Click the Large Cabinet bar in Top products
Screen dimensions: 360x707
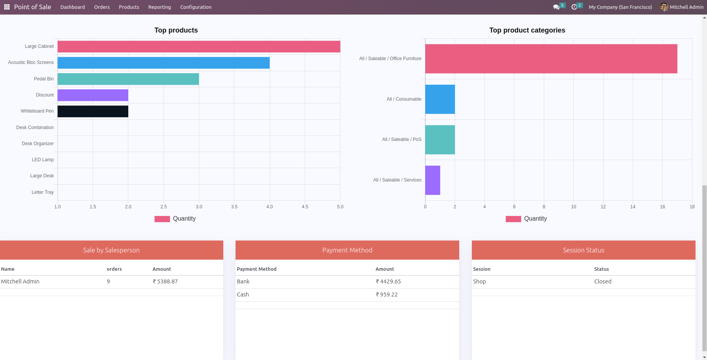(199, 47)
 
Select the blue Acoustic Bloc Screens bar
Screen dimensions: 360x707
(164, 63)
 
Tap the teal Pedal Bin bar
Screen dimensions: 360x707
(128, 79)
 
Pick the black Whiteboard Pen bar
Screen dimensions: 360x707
(93, 111)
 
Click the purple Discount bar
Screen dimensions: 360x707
(93, 95)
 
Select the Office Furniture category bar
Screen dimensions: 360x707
(551, 59)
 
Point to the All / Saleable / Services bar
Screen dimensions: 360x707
(433, 180)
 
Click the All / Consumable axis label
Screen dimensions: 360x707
(404, 99)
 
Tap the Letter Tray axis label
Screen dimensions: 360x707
(43, 192)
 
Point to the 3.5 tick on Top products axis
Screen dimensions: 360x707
(234, 207)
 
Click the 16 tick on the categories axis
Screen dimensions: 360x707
(662, 207)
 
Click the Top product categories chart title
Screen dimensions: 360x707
(527, 30)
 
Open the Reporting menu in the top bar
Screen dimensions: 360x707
(160, 7)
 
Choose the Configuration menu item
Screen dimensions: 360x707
(196, 7)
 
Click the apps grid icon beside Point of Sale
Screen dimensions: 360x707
(7, 7)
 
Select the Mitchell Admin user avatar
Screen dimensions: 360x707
(664, 7)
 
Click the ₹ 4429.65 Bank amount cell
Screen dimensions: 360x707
(388, 281)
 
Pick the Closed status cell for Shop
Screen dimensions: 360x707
(602, 281)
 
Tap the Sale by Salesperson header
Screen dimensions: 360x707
(111, 250)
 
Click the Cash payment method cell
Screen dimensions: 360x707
(243, 295)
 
